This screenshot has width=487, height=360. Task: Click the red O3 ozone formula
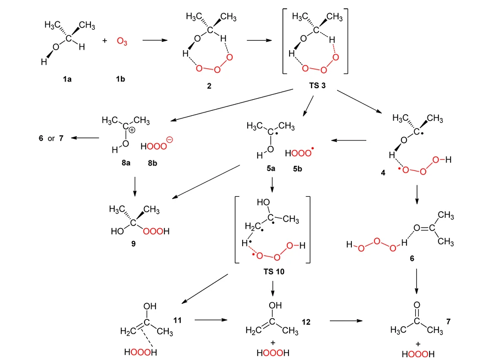pos(122,41)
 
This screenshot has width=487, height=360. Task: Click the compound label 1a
pos(67,79)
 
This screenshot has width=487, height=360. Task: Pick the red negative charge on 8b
pos(169,140)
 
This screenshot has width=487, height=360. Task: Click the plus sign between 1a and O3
pos(105,41)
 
